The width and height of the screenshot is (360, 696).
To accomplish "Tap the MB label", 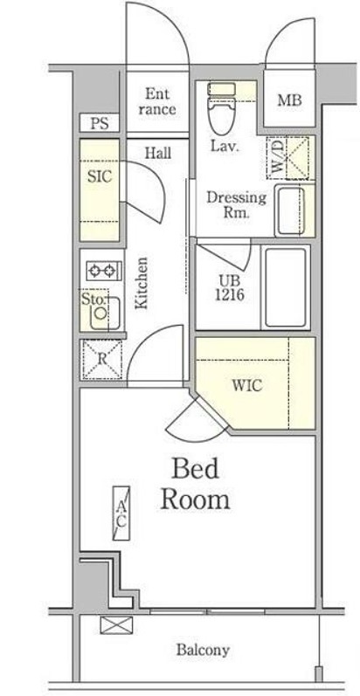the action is tap(289, 100).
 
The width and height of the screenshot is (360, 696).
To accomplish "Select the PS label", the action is tap(100, 123).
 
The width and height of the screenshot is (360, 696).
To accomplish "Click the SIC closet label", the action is tap(100, 177).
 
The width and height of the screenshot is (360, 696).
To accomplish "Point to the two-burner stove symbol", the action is tap(104, 271).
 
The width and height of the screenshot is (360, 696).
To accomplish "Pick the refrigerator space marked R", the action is tap(102, 359).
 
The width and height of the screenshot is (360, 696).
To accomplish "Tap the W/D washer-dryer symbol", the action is tap(287, 157).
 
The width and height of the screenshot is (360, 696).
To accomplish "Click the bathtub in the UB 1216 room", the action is tap(286, 287).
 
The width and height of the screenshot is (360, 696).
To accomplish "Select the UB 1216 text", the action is tap(230, 287).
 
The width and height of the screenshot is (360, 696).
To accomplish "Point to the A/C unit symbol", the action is tap(121, 513).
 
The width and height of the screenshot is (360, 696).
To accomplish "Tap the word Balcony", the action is tap(203, 651).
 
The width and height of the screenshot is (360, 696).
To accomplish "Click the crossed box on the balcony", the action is tap(116, 625).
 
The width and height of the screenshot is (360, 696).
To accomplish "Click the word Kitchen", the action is tap(142, 283).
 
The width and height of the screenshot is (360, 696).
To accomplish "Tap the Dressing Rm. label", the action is tap(237, 204).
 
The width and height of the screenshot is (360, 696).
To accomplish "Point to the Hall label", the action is tap(158, 154).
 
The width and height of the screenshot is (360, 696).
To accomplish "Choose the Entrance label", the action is tap(156, 101).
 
